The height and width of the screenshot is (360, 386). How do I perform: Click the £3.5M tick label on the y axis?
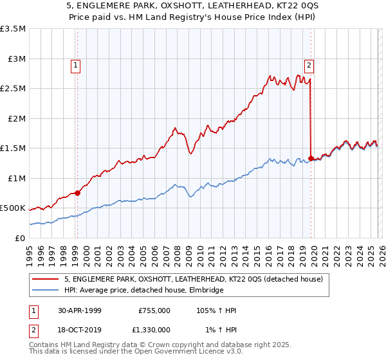pyautogui.click(x=13, y=29)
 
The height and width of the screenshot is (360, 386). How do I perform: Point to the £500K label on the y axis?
pyautogui.click(x=13, y=208)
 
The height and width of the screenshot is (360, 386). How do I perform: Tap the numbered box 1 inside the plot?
pyautogui.click(x=76, y=64)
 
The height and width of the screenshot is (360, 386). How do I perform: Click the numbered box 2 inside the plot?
pyautogui.click(x=309, y=64)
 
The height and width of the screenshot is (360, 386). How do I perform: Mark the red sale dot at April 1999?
pyautogui.click(x=78, y=192)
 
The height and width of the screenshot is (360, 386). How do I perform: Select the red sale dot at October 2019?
pyautogui.click(x=311, y=158)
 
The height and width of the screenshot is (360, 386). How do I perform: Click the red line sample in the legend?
pyautogui.click(x=46, y=279)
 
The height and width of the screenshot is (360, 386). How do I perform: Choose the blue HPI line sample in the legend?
pyautogui.click(x=46, y=290)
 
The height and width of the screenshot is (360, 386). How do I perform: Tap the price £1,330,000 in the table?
pyautogui.click(x=154, y=329)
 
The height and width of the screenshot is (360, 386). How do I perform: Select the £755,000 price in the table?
pyautogui.click(x=154, y=310)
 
